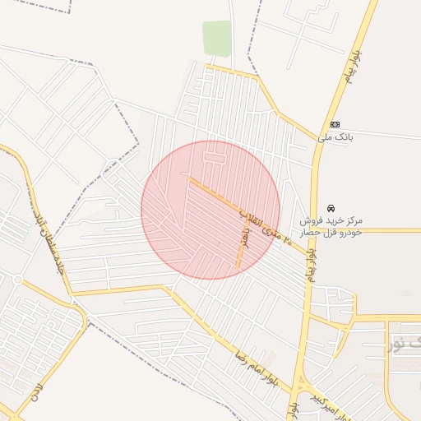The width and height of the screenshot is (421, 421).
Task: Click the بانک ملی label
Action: click(x=335, y=137)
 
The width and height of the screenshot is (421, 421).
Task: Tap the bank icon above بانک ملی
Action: click(x=335, y=124)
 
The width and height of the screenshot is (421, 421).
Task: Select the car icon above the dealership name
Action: click(x=331, y=207)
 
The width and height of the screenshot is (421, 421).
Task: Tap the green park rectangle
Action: click(x=217, y=39)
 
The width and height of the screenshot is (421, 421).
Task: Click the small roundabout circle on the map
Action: click(x=17, y=280)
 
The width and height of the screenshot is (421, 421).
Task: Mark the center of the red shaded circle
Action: click(x=210, y=210)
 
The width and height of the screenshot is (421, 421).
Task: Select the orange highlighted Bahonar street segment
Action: click(x=242, y=238)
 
